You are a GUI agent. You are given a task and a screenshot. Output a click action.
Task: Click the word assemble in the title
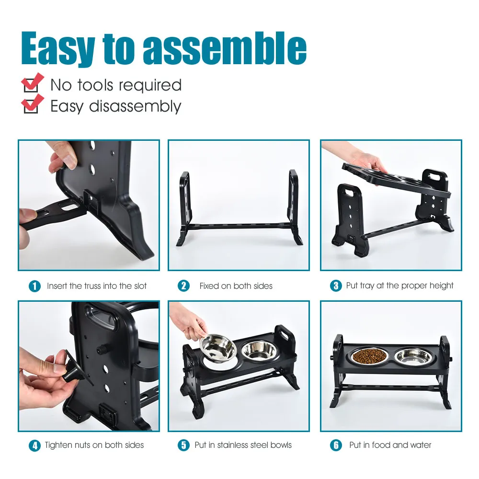[x=225, y=48]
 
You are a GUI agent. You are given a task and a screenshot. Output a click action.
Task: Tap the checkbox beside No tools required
[x=31, y=85]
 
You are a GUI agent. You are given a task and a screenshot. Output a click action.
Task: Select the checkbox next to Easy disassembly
[x=31, y=107]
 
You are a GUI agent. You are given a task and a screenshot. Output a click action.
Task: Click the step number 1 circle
[x=34, y=286]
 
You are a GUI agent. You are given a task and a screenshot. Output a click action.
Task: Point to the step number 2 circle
[x=183, y=286]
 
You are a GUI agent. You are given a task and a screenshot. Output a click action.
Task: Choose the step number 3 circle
[x=336, y=285]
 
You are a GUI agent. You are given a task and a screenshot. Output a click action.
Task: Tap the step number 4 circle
[x=34, y=445]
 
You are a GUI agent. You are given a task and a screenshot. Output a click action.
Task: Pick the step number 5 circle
[x=183, y=445]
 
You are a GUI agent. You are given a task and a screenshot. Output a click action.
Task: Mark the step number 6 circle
[x=336, y=445]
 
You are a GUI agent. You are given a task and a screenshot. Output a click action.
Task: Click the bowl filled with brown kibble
[x=369, y=355]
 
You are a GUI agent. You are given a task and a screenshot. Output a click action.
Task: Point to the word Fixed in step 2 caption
[x=209, y=286]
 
